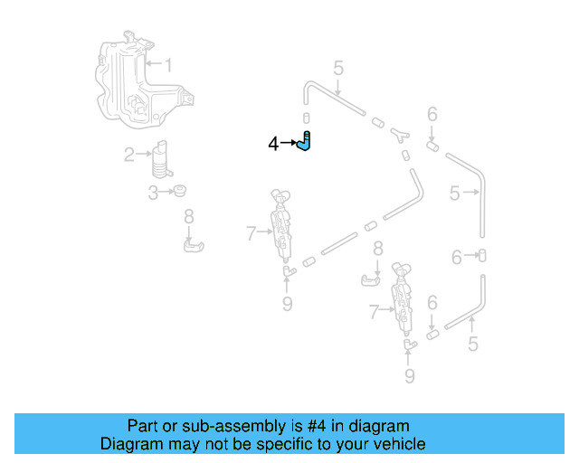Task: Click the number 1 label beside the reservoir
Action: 167,64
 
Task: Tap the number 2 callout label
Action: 129,155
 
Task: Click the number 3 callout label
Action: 154,192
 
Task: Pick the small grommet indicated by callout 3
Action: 180,191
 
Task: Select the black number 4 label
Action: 273,143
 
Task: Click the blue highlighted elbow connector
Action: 306,142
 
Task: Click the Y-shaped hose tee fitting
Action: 399,135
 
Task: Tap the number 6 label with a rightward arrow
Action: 457,258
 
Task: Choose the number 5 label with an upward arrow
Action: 472,344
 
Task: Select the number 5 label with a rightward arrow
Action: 455,193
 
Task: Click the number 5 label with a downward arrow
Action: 338,68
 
